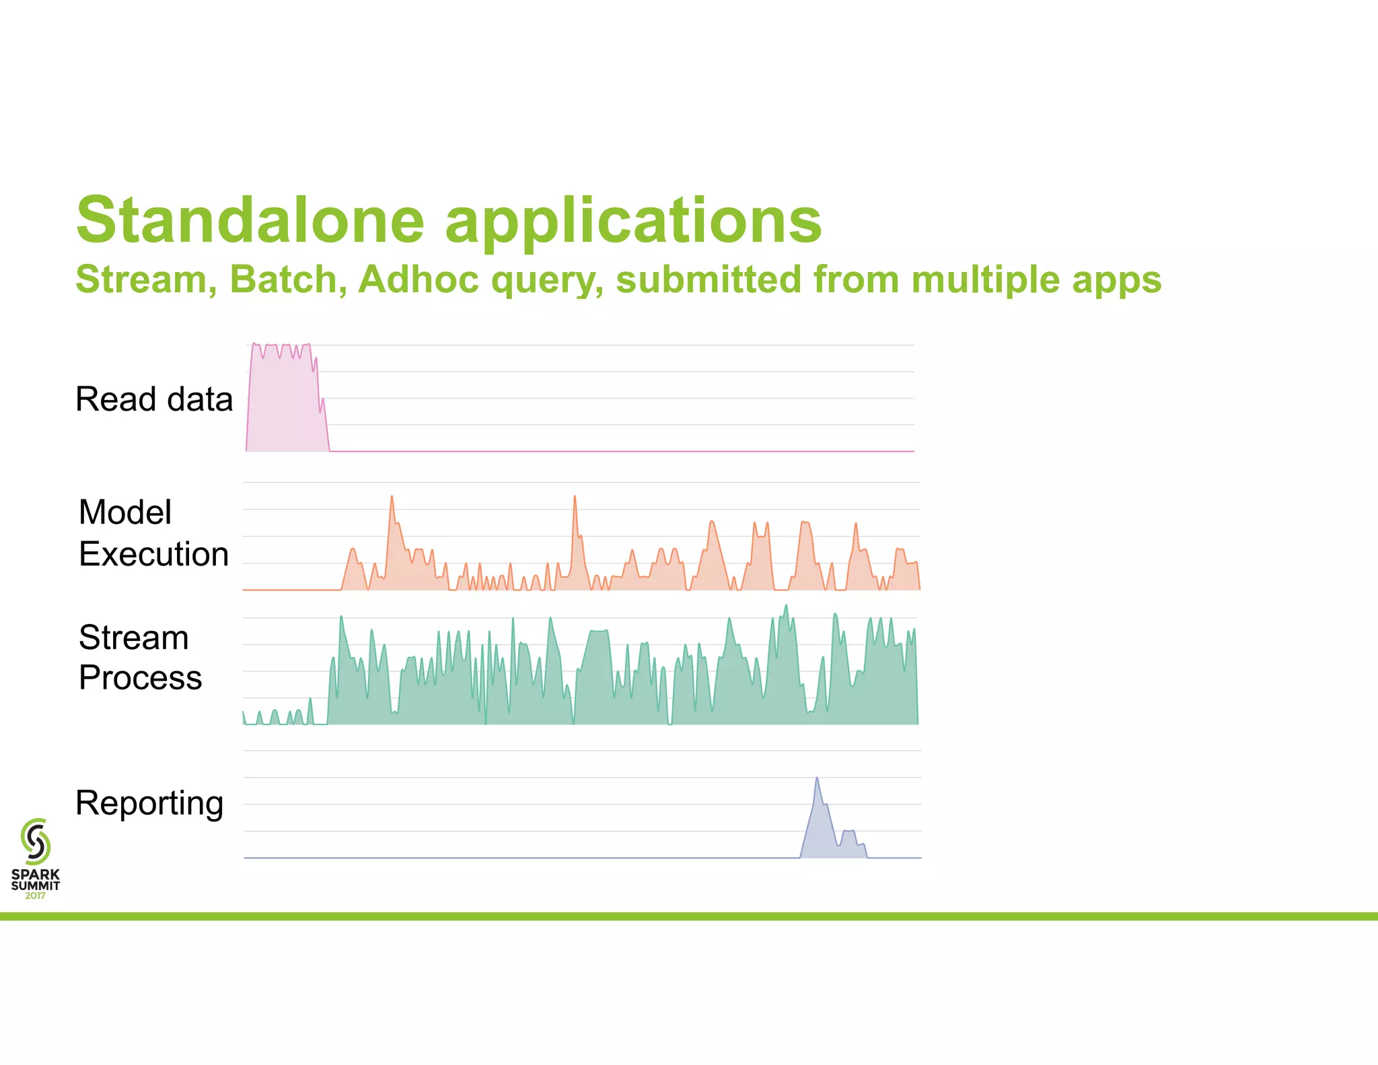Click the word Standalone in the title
(250, 220)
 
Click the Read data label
(154, 399)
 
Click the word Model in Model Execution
(125, 512)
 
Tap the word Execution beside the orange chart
(153, 554)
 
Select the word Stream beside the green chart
(133, 638)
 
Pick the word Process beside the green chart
(140, 677)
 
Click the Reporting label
(149, 803)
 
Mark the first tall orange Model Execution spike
(392, 498)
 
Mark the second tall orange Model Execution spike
(575, 498)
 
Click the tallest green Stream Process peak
(786, 607)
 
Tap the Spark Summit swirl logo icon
(36, 841)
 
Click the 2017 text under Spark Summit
(35, 895)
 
